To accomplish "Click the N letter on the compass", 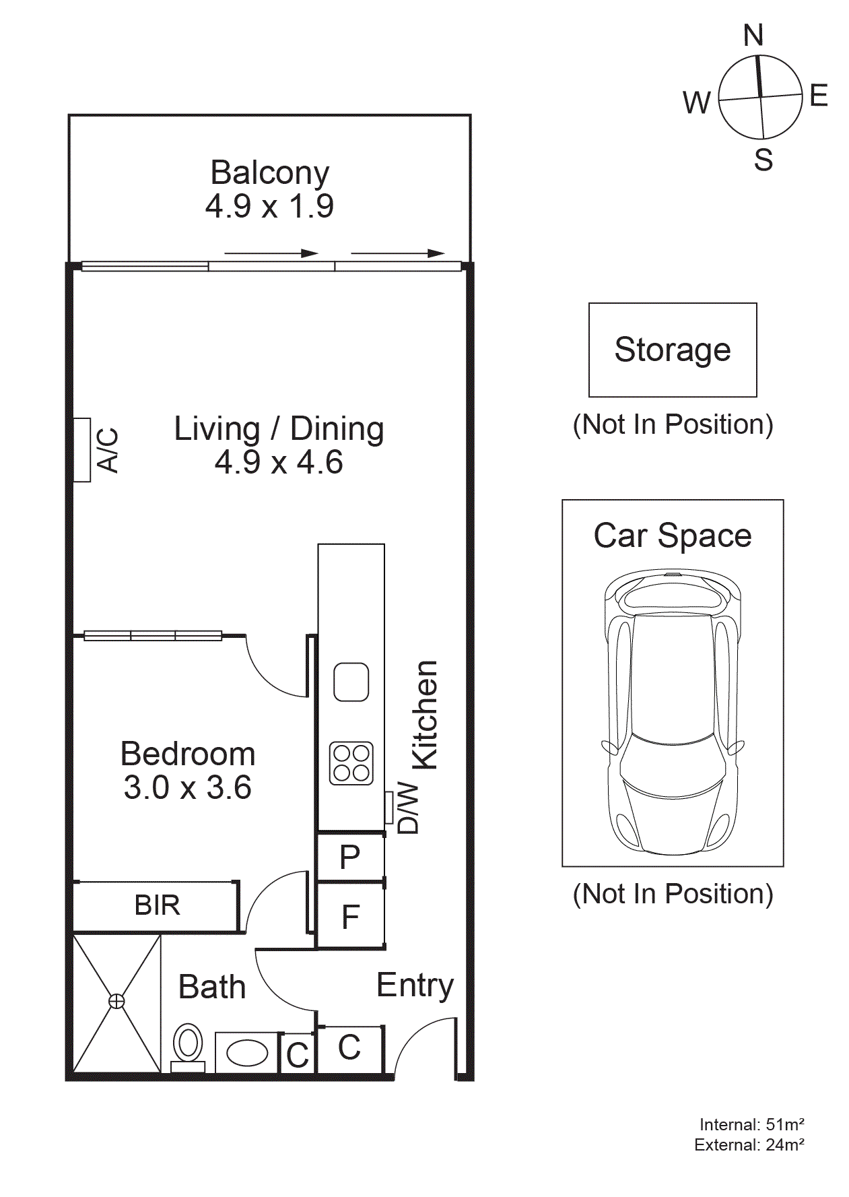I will (x=753, y=35).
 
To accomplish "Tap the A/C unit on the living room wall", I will (x=82, y=450).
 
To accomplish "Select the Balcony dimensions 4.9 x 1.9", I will (x=269, y=206).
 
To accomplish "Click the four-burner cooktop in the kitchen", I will (x=351, y=763).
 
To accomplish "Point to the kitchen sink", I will (x=351, y=682).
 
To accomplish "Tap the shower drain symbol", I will (x=116, y=1002).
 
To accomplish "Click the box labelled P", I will (x=350, y=858).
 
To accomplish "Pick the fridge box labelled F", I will (x=350, y=917).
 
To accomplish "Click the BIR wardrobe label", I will (x=157, y=905).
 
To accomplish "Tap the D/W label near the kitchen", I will (x=408, y=808).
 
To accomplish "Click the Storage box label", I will (x=672, y=350).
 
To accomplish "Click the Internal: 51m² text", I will (x=751, y=1124).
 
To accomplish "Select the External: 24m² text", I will (x=749, y=1144).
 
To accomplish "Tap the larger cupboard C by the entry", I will (x=349, y=1047).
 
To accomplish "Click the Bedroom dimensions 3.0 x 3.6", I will (x=187, y=787).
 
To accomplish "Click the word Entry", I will (x=415, y=985).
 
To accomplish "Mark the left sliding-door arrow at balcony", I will (x=271, y=253).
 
